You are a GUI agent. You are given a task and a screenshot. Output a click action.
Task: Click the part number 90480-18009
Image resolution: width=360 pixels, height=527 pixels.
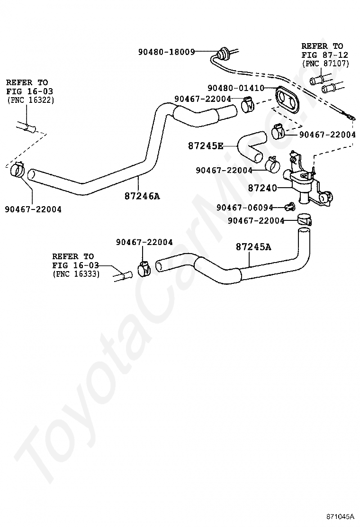(167, 52)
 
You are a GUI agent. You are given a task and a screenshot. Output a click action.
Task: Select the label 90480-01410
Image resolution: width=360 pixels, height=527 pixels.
(236, 88)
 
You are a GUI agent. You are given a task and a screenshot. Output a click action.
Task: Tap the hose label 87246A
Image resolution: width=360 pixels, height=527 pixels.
(142, 196)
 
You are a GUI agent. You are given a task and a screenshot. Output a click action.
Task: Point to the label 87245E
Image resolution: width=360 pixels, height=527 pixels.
(206, 146)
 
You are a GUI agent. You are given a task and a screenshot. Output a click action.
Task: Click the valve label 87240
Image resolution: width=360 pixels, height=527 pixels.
(262, 188)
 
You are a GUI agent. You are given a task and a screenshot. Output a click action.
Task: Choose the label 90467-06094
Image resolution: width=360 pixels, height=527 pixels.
(245, 208)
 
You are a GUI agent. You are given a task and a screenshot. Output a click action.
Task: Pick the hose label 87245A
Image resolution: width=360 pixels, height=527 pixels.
(253, 247)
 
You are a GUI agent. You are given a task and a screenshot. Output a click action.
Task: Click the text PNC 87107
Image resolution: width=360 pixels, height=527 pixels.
(325, 63)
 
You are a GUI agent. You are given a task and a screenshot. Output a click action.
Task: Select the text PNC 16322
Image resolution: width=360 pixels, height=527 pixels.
(30, 100)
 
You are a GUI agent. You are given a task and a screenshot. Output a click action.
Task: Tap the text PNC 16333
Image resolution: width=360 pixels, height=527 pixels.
(76, 274)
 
